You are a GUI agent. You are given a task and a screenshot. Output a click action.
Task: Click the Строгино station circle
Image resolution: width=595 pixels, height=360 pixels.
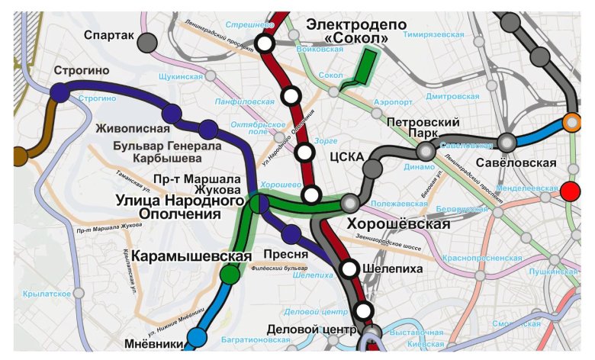pyautogui.click(x=59, y=92)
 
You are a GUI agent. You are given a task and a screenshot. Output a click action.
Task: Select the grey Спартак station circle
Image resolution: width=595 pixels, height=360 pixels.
pyautogui.click(x=147, y=42)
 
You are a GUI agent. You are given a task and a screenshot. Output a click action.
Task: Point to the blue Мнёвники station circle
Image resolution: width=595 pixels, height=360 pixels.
pyautogui.click(x=197, y=336)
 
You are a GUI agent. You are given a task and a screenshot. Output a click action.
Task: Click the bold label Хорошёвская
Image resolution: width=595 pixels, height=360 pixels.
pyautogui.click(x=397, y=224)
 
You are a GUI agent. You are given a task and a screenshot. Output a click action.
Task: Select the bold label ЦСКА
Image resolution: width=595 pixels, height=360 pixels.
pyautogui.click(x=343, y=159)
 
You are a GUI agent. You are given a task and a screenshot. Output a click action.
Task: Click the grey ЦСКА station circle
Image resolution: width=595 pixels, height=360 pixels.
pyautogui.click(x=372, y=169)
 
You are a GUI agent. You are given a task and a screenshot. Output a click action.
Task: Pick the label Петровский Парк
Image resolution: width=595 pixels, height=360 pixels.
pyautogui.click(x=423, y=130)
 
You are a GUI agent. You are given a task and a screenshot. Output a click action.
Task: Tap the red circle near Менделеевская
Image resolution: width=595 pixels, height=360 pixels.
pyautogui.click(x=570, y=191)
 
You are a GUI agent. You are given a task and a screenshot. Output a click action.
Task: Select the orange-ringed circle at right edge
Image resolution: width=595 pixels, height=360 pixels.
pyautogui.click(x=571, y=122)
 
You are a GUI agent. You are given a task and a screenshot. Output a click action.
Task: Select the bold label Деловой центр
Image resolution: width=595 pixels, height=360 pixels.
pyautogui.click(x=312, y=330)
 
